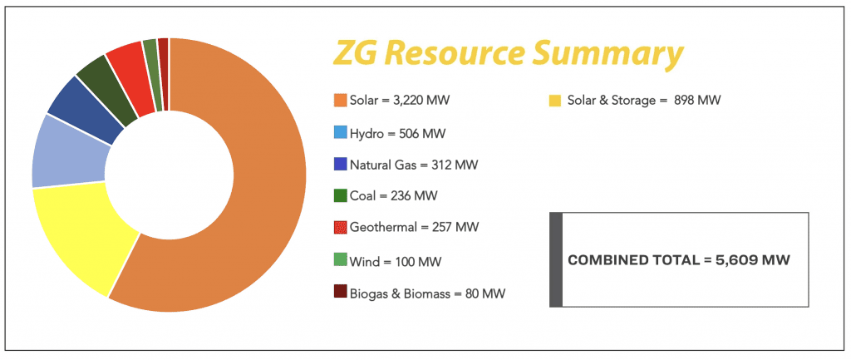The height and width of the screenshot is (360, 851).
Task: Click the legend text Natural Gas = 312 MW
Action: (x=414, y=165)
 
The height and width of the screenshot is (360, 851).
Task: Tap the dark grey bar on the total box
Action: (x=557, y=259)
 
